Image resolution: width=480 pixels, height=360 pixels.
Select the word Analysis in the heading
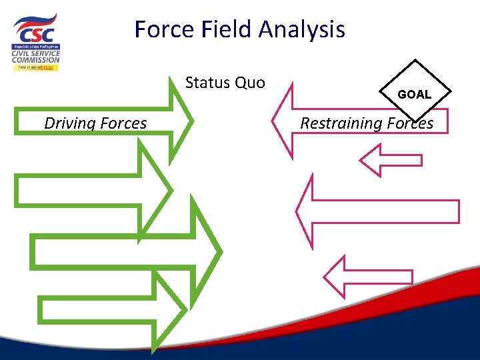tap(302, 29)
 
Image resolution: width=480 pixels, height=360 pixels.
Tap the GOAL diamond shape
tap(414, 94)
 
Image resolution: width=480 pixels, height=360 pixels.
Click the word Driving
tap(70, 123)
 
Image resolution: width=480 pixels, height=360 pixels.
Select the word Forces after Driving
tap(123, 123)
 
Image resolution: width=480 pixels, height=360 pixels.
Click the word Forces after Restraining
tap(409, 123)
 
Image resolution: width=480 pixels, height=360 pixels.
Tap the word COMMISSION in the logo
tap(36, 59)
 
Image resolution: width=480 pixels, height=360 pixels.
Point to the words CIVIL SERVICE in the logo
tap(36, 53)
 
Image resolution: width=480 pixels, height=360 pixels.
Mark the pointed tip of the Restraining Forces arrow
tap(274, 122)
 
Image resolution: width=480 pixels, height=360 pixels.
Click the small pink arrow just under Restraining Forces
tap(390, 160)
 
